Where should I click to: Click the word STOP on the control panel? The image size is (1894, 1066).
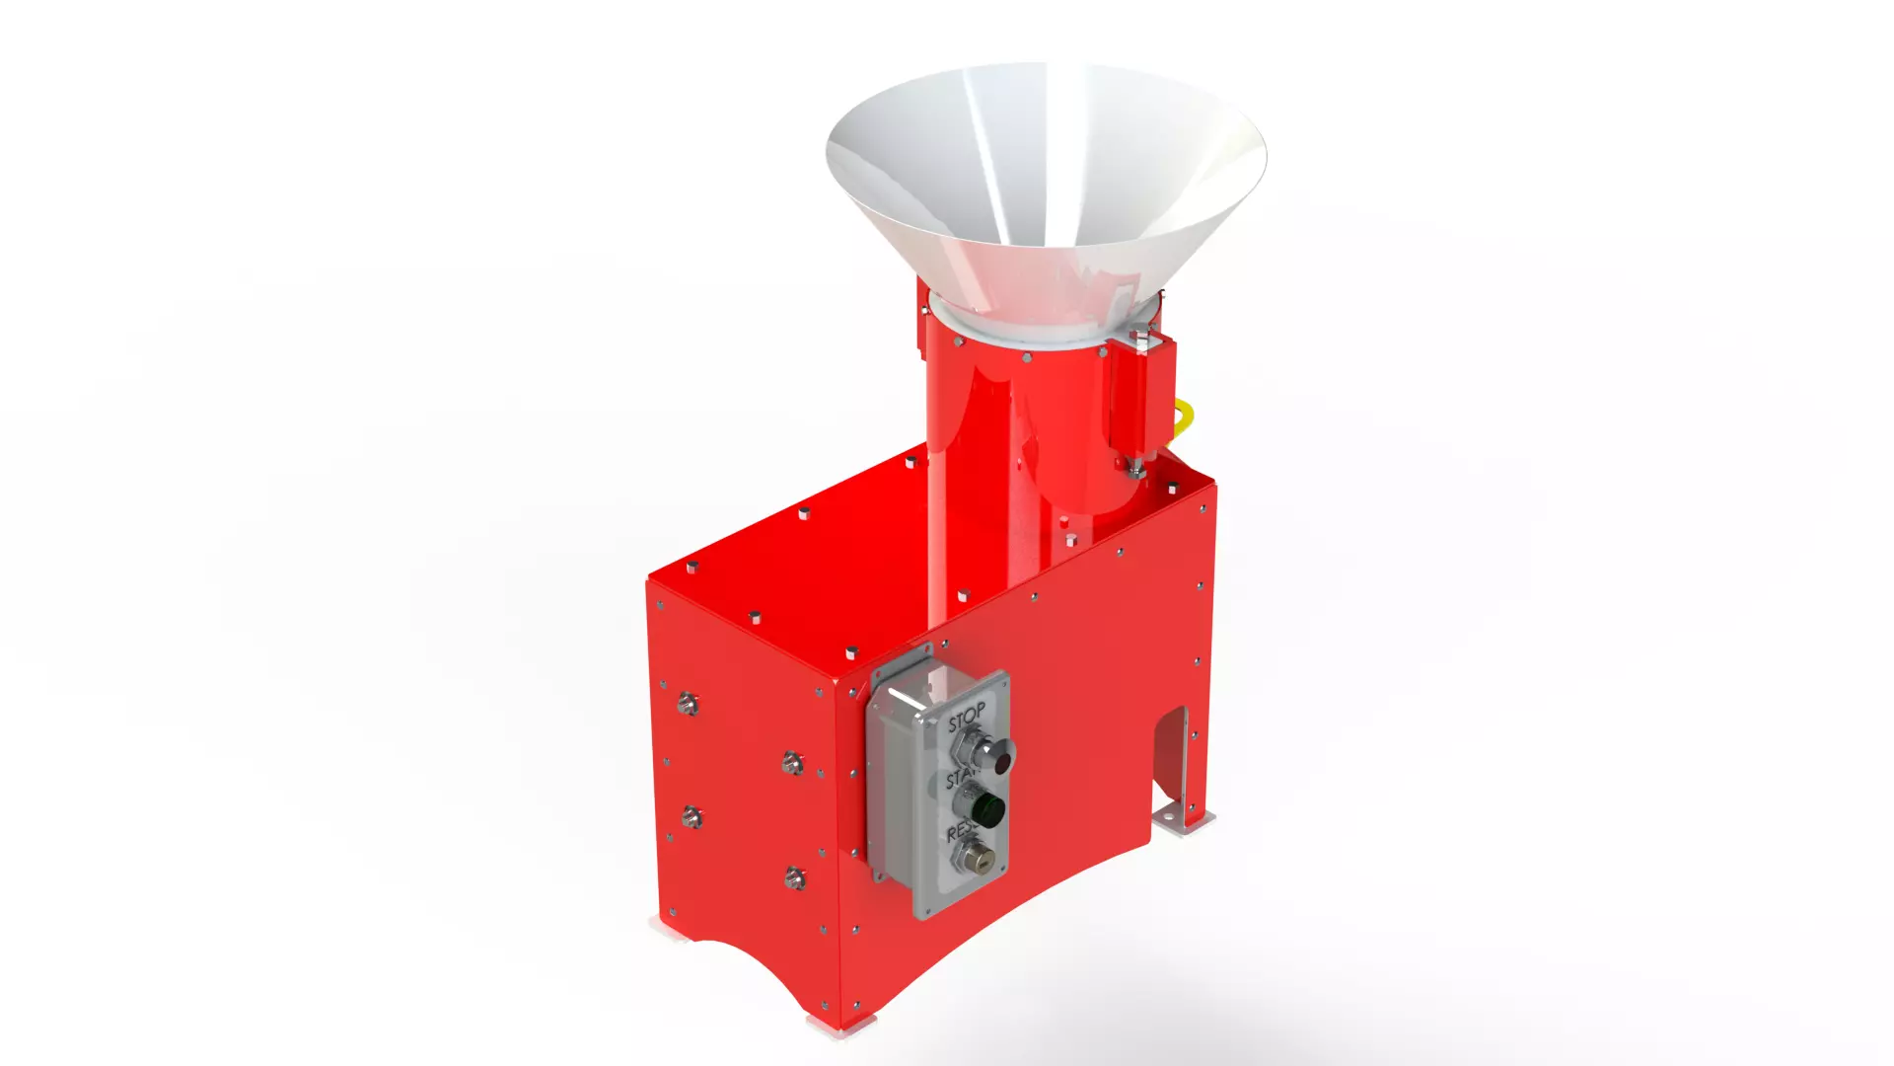click(966, 718)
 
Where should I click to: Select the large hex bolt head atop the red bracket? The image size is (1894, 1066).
click(1142, 341)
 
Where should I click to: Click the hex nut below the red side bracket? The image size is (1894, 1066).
click(1135, 473)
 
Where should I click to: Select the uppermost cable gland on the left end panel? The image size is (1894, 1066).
click(688, 704)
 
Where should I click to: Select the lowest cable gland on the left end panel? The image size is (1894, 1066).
click(795, 877)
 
